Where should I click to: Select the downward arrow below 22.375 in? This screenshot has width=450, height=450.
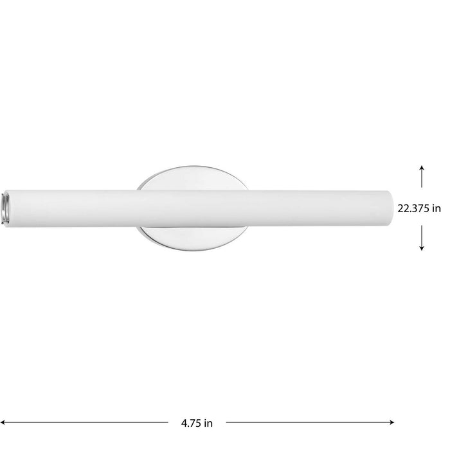[x=422, y=238]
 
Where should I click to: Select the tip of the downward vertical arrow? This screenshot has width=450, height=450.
[x=422, y=249]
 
